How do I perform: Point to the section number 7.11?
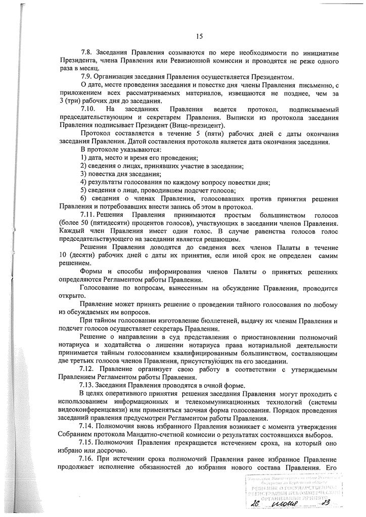88,214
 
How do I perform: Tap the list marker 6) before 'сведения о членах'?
83,198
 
